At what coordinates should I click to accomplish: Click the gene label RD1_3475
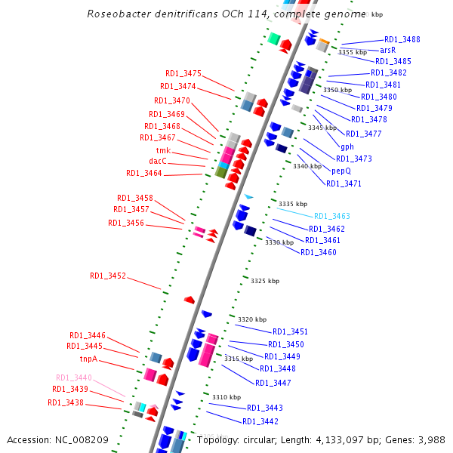pyautogui.click(x=183, y=74)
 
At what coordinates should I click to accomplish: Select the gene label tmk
pyautogui.click(x=163, y=150)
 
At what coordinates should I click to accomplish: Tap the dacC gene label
pyautogui.click(x=158, y=162)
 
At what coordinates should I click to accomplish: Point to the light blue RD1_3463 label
pyautogui.click(x=332, y=216)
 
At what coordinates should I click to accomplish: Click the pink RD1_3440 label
pyautogui.click(x=74, y=377)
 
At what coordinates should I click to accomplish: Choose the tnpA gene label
pyautogui.click(x=89, y=359)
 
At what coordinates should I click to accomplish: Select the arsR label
pyautogui.click(x=388, y=50)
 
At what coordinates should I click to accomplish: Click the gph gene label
pyautogui.click(x=347, y=146)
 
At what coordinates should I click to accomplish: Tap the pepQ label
pyautogui.click(x=341, y=171)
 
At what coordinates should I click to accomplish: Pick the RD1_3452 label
pyautogui.click(x=108, y=276)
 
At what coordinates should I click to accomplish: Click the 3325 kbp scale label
pyautogui.click(x=264, y=281)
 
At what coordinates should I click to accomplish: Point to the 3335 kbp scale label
pyautogui.click(x=293, y=204)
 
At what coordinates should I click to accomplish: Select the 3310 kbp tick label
pyautogui.click(x=226, y=397)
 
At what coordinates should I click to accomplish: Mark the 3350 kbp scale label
pyautogui.click(x=337, y=90)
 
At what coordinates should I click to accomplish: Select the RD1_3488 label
pyautogui.click(x=402, y=39)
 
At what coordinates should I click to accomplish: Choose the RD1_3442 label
pyautogui.click(x=260, y=421)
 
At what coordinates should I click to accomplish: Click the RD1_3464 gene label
pyautogui.click(x=144, y=174)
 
